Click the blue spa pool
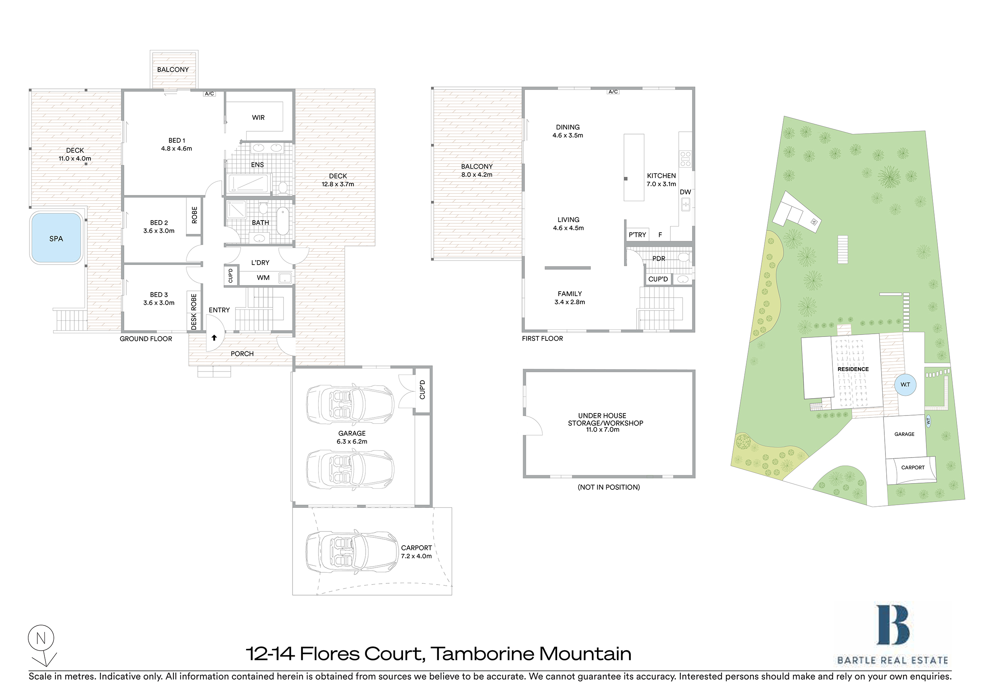56,238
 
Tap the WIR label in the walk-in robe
258,117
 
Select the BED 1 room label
177,140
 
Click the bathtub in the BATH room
283,221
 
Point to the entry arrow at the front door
214,338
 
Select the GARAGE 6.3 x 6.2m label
352,437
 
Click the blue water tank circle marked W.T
905,384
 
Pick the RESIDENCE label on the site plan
853,369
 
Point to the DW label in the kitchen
685,192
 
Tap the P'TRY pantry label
637,235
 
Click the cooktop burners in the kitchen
685,159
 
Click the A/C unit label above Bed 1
209,94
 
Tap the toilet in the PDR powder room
684,257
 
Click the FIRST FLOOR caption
543,338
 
